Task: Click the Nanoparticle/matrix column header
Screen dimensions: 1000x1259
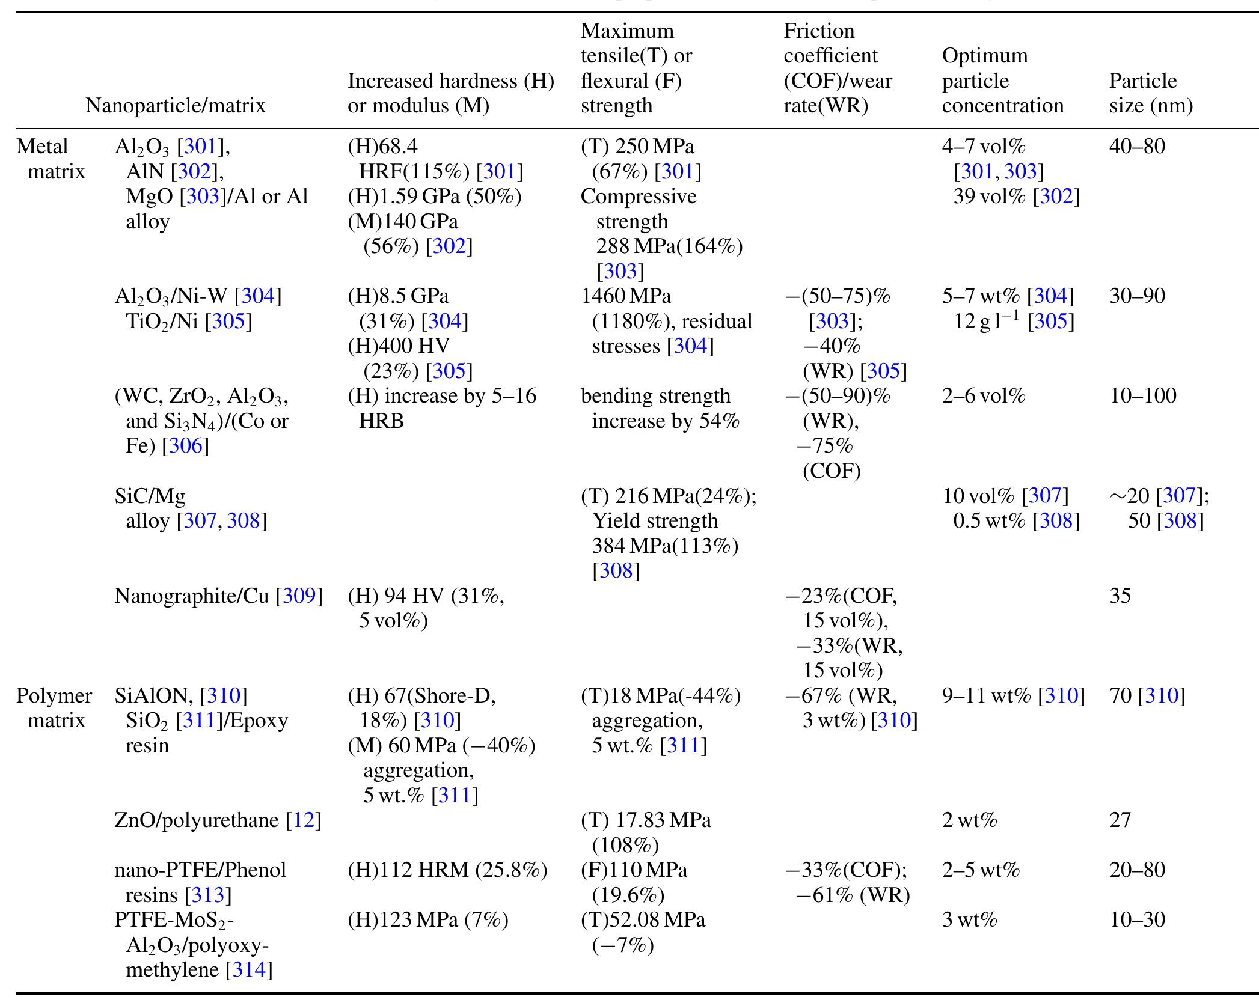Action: (175, 106)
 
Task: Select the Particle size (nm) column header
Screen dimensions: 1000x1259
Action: (1150, 93)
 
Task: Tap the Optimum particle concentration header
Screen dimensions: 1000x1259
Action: (1002, 81)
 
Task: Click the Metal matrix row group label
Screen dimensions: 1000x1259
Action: (51, 159)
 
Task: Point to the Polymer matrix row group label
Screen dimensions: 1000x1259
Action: (54, 708)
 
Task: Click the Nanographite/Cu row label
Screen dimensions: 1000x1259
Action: (218, 596)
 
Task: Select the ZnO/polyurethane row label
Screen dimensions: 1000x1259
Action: (218, 820)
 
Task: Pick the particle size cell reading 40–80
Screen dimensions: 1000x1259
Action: (1136, 147)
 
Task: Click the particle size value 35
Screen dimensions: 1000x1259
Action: (1120, 596)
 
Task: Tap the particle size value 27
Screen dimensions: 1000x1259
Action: (1120, 820)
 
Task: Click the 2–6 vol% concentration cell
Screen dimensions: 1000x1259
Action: (984, 396)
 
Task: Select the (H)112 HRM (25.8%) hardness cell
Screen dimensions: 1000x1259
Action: (447, 870)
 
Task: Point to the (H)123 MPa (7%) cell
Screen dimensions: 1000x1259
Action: (427, 920)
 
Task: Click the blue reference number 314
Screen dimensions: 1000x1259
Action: (249, 970)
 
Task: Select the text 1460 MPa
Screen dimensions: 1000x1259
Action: (626, 296)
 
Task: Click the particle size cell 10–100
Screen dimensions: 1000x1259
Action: (1142, 396)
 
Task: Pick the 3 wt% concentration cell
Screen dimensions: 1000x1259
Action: (969, 920)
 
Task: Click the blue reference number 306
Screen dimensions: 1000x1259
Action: (186, 446)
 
